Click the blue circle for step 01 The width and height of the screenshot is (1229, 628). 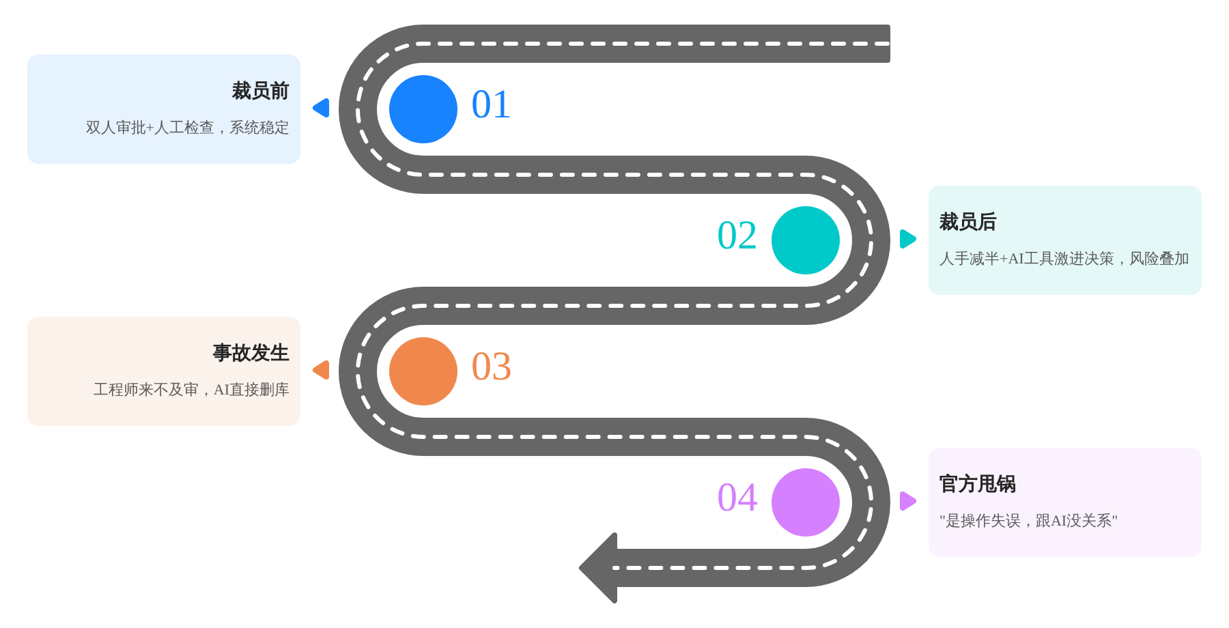[423, 109]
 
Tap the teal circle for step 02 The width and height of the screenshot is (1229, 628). [806, 240]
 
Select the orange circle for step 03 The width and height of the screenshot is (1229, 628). [423, 371]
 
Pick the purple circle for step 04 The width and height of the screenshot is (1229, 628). [806, 502]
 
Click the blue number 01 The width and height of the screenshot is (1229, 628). [491, 105]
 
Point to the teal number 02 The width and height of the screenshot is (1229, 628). [737, 236]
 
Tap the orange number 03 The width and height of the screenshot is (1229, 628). [491, 367]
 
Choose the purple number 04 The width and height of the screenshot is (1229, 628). [737, 498]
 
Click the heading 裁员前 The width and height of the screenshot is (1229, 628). [260, 91]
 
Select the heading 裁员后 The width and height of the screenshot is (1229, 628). [967, 222]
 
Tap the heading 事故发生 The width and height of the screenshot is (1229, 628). [251, 353]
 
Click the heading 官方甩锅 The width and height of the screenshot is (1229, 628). [977, 484]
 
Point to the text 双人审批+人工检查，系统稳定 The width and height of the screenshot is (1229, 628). [187, 128]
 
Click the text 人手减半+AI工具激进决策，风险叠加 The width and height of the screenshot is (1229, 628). [1064, 259]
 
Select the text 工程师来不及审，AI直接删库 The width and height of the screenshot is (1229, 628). [191, 390]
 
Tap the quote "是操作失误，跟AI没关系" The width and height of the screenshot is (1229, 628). [1028, 521]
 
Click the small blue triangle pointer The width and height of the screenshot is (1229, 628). [321, 108]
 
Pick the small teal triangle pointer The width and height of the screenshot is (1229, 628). [908, 239]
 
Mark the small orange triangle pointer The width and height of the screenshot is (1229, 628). [321, 370]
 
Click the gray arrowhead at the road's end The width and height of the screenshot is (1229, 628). [599, 568]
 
